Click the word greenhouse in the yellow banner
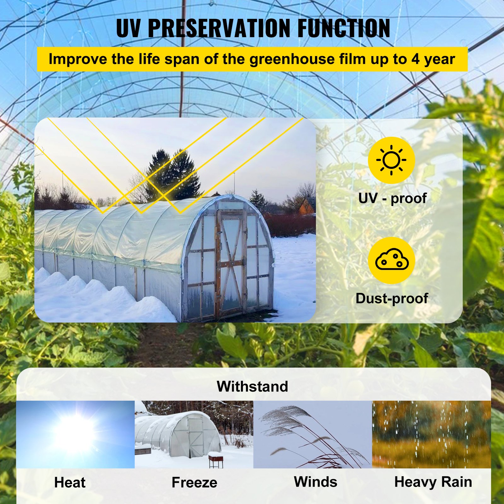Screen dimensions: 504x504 [292, 59]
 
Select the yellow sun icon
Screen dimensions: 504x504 [391, 160]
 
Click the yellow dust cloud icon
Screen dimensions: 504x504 [391, 260]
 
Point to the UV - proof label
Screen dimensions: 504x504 [392, 198]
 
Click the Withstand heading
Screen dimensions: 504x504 [252, 387]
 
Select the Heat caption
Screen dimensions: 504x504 [70, 483]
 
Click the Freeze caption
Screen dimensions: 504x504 [194, 483]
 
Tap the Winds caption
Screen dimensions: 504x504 [315, 482]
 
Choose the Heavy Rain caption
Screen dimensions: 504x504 [433, 482]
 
